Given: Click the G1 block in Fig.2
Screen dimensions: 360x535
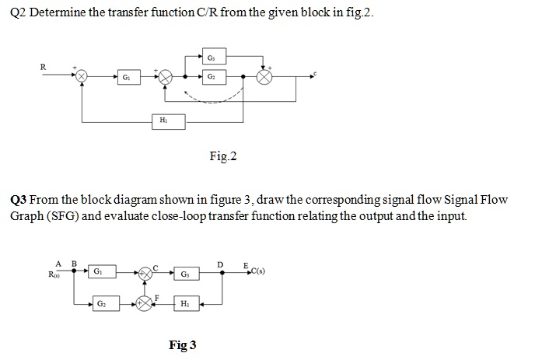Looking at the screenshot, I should pos(125,78).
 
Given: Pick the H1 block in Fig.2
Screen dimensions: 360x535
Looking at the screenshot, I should pos(162,121).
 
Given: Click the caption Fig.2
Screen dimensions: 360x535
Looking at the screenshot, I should pos(223,157).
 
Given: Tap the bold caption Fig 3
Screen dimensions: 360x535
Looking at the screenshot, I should pos(183,344).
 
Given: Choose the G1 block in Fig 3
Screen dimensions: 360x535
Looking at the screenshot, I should pos(97,272).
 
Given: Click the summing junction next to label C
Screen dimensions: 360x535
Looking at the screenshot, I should pos(145,273).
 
